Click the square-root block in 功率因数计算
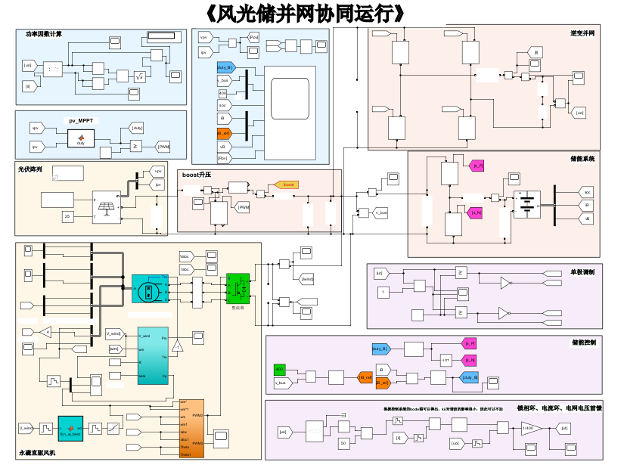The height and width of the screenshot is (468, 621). point(139,76)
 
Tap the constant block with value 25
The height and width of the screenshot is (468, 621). point(67,217)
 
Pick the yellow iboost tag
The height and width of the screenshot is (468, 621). point(287,184)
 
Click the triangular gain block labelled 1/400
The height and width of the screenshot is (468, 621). point(532,428)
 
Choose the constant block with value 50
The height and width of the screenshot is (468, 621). point(343,443)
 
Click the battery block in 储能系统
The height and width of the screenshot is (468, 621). point(526,204)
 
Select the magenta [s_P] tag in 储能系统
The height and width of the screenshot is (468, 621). point(477,166)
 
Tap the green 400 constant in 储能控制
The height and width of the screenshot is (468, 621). point(279,369)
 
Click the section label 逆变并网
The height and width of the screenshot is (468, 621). point(582,33)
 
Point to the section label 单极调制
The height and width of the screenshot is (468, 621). point(582,272)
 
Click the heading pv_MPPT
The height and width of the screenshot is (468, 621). point(84,120)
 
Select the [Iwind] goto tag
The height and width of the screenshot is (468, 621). point(306,279)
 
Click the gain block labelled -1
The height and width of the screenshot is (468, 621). point(176,346)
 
